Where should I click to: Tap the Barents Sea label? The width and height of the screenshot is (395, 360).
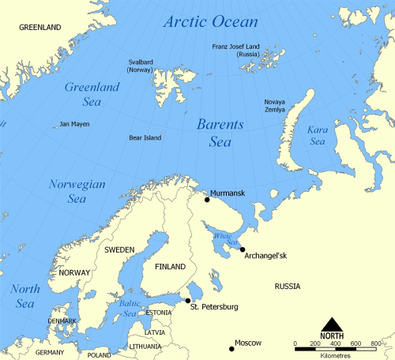pos(220,133)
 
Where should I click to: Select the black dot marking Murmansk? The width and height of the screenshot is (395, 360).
pos(207,199)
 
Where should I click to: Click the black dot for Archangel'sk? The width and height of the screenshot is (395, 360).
pos(242,249)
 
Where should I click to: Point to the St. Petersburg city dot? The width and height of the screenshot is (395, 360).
pos(187,300)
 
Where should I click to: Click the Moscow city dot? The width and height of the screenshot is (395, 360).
pos(231,348)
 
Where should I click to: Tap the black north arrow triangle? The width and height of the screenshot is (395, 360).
pos(332,323)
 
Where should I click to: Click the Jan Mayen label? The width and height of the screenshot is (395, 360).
pos(76,125)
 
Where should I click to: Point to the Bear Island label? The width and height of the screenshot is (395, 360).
pos(145,138)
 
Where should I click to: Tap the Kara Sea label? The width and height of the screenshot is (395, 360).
pos(317,136)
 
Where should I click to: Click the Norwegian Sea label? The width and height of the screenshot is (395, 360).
pos(66,191)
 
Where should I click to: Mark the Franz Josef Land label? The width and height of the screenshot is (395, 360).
pos(242,51)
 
